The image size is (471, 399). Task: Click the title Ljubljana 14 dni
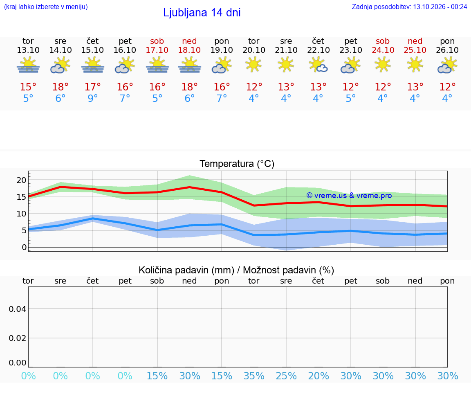click(x=202, y=13)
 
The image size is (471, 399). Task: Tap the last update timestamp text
click(x=409, y=7)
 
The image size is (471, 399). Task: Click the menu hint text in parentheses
click(x=46, y=7)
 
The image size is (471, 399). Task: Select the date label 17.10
click(x=157, y=50)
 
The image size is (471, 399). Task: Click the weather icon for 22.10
click(x=318, y=65)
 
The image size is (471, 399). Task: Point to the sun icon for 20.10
click(x=254, y=65)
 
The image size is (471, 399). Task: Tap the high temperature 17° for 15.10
click(x=92, y=87)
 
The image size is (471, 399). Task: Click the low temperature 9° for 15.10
click(x=92, y=98)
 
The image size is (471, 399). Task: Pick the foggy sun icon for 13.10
click(x=28, y=65)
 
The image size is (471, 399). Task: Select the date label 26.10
click(x=447, y=50)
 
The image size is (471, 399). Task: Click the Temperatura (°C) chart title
click(x=237, y=164)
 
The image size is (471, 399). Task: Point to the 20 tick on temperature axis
click(x=21, y=180)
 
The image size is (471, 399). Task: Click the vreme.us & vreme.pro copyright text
click(x=349, y=196)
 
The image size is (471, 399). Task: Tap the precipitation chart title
click(x=236, y=270)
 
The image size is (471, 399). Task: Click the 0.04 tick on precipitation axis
click(x=18, y=309)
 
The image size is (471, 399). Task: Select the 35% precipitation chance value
click(x=254, y=376)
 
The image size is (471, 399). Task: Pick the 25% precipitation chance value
click(x=286, y=376)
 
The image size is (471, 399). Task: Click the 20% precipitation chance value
click(x=318, y=376)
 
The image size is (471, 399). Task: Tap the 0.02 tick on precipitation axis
click(x=18, y=338)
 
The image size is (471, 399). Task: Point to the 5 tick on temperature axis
click(x=24, y=231)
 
